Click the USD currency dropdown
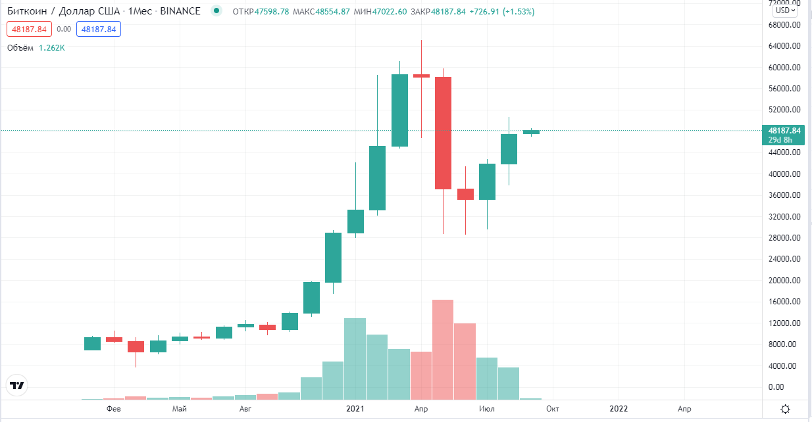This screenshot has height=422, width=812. coord(785,11)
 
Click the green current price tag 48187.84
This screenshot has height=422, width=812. coord(785,131)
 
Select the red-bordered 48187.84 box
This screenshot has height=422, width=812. coord(30,30)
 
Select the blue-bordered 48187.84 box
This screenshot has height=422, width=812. coord(99,30)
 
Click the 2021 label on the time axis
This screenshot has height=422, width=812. coord(355,409)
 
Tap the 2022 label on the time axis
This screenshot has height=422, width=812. coord(619,409)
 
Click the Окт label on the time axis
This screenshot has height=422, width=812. coord(553,409)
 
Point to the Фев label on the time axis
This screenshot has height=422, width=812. coord(114,409)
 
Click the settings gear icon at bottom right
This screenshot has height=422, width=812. coord(785,410)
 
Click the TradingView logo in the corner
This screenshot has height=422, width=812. coord(17,386)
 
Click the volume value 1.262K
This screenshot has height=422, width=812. coord(52,48)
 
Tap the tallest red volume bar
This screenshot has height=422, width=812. coord(443,348)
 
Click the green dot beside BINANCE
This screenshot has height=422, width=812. coord(216,11)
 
